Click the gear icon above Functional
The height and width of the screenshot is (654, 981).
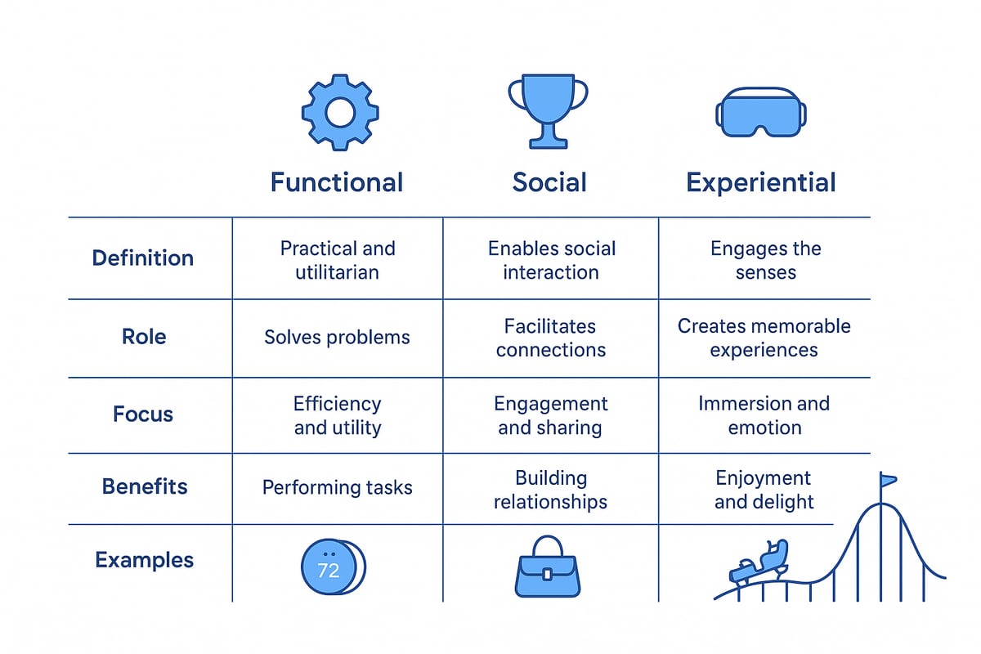coord(339,112)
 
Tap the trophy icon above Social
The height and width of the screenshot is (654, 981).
coord(548,110)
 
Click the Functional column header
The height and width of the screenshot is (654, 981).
coord(337,181)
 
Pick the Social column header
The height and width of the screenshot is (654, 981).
coord(549,181)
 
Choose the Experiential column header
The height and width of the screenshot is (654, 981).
coord(761,181)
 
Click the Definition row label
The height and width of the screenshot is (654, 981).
coord(143,258)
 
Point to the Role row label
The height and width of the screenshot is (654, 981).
coord(143,337)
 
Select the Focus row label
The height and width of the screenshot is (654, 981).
coord(143,414)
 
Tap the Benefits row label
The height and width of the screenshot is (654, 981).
coord(145,487)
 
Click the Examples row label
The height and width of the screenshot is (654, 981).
coord(145,561)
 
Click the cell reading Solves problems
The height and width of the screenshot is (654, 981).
coord(337,337)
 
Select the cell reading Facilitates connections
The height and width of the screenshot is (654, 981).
coord(550,338)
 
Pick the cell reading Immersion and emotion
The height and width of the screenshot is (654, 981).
coord(764,414)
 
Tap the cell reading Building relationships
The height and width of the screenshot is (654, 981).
coord(550,489)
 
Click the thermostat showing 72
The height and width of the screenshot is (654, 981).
coord(330,566)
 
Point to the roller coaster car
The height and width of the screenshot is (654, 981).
coord(759,560)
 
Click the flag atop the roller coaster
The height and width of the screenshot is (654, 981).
coord(888,480)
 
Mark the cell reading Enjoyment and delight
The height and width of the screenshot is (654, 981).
coord(764,489)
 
